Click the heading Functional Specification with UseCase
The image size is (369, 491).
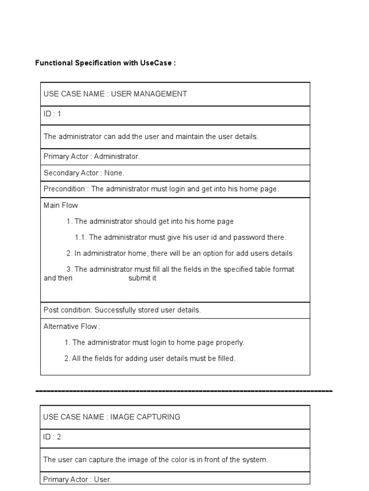coord(105,63)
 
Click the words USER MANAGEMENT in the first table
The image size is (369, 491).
coord(149,94)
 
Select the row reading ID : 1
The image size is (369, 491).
coord(52,114)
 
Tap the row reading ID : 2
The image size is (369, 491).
coord(52,437)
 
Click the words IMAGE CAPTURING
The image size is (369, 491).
coord(145,417)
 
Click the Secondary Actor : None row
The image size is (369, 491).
coord(84,173)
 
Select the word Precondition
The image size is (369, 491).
coord(64,189)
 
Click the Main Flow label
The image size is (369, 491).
coord(61,205)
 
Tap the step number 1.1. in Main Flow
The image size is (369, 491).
coord(81,237)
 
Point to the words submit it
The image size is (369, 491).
coord(142,278)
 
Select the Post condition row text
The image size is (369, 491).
coord(122,310)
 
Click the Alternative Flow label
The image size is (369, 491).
coord(72,327)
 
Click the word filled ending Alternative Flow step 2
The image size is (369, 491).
coord(225,359)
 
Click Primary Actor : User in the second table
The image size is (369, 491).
coord(77,479)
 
